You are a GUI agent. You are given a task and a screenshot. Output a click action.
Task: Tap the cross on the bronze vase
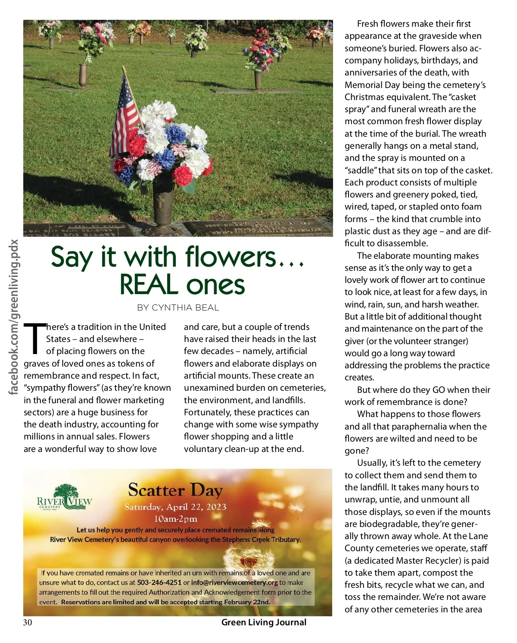coord(160,202)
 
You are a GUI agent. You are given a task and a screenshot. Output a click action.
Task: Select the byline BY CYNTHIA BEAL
coord(178,307)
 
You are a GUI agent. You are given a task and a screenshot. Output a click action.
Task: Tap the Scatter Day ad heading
coord(175,490)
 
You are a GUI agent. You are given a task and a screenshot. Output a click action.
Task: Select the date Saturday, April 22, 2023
coord(175,507)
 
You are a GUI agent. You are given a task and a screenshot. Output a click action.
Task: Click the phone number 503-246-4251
coord(159,583)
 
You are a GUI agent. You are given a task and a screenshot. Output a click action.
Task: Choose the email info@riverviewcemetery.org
coord(234,583)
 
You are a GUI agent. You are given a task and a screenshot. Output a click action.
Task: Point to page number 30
coord(28,622)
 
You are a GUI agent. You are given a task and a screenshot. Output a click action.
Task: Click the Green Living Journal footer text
coord(264,622)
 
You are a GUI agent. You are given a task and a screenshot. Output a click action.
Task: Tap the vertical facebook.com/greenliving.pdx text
coord(14,317)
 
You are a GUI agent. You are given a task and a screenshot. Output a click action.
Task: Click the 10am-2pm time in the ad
coord(175,518)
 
